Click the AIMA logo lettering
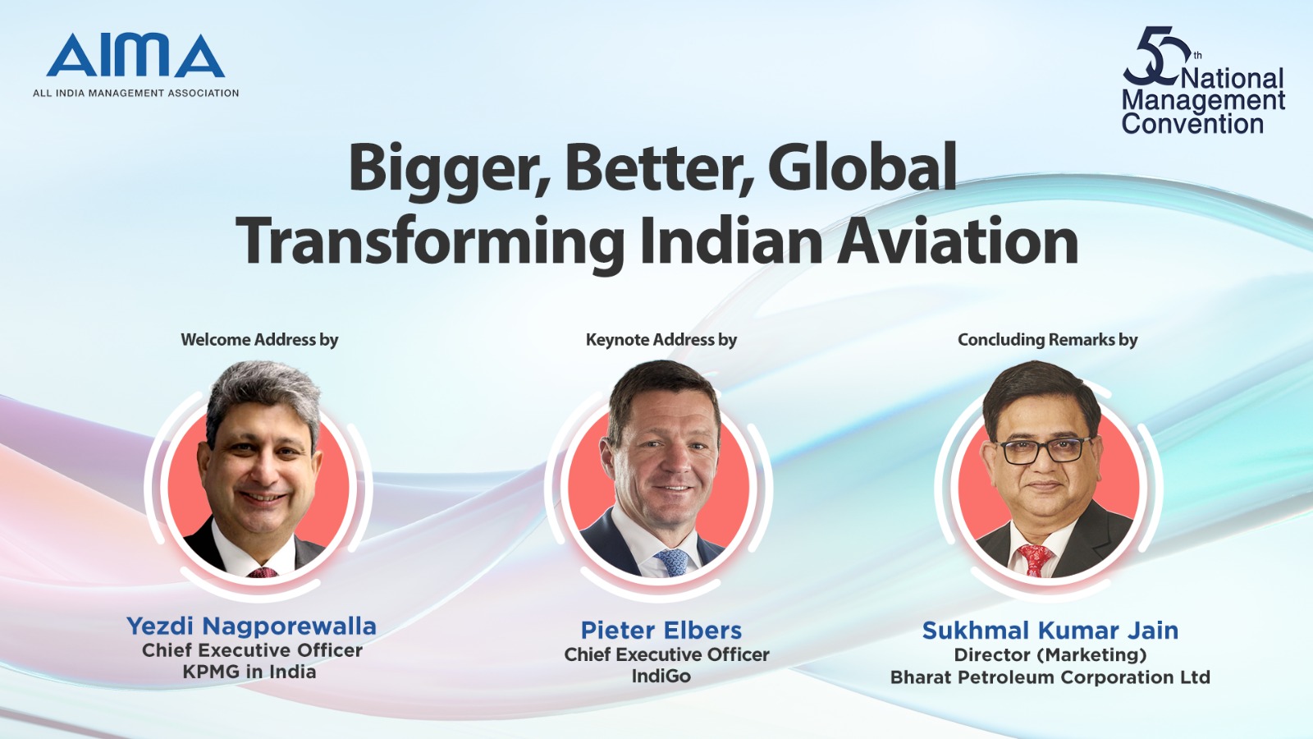click(135, 55)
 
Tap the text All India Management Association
click(136, 94)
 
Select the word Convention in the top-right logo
click(1193, 124)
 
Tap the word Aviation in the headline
click(957, 241)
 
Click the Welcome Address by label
click(259, 340)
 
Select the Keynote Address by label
click(661, 340)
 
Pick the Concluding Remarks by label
click(1047, 340)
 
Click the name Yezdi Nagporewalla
click(251, 627)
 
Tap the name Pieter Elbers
click(661, 631)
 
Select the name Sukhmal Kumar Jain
click(1050, 631)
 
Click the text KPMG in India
click(249, 672)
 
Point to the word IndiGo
click(661, 677)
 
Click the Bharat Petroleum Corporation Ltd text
click(1050, 677)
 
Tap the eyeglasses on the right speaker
click(1045, 450)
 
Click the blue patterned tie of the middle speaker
click(671, 562)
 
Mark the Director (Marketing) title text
click(1050, 654)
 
